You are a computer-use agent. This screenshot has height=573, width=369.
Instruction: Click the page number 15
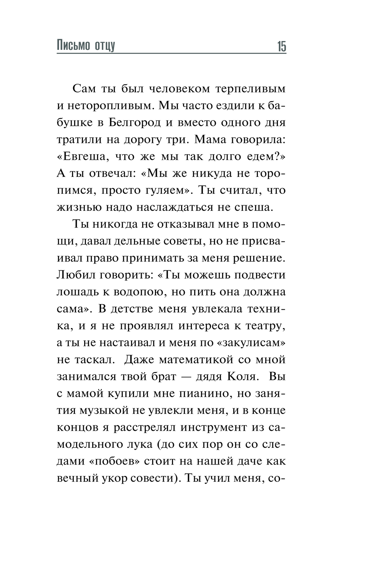tap(281, 47)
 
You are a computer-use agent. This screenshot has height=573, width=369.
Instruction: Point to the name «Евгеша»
tap(83, 157)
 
